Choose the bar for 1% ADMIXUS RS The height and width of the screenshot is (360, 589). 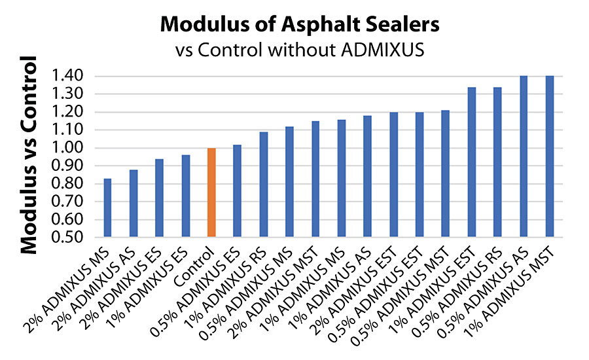coord(263,184)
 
